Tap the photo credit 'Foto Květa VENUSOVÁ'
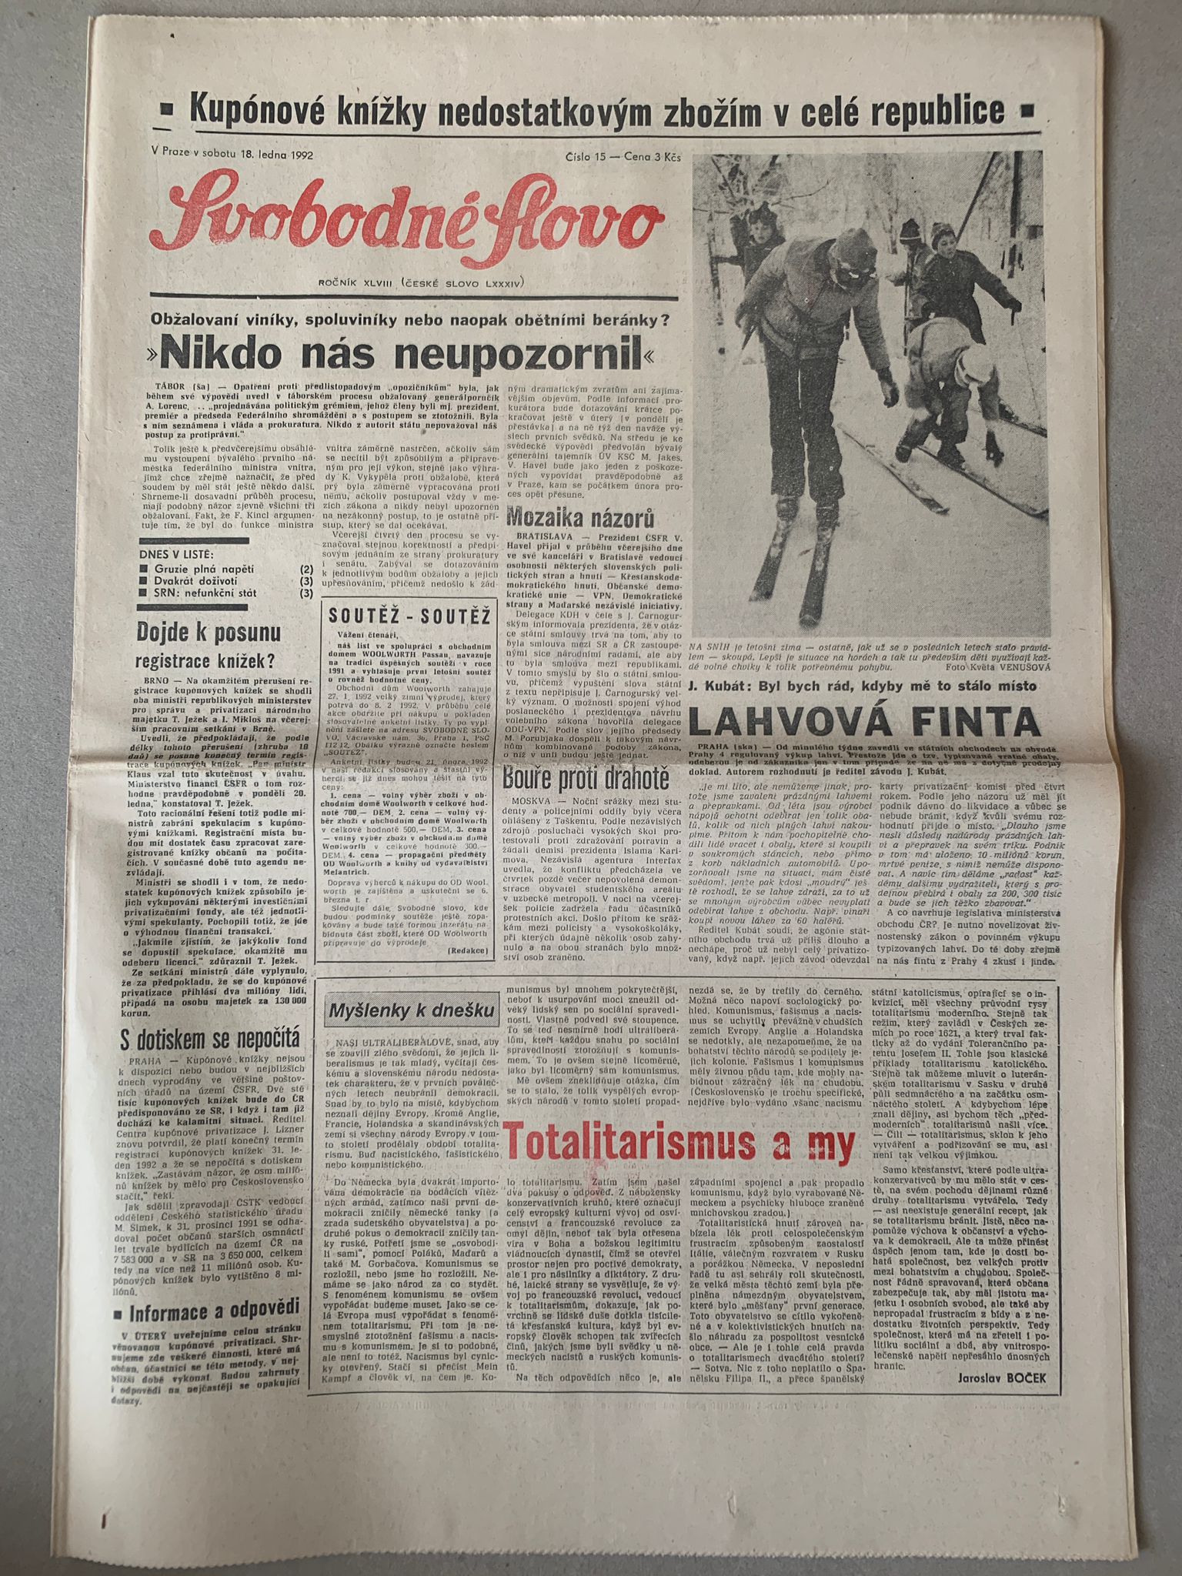(987, 668)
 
